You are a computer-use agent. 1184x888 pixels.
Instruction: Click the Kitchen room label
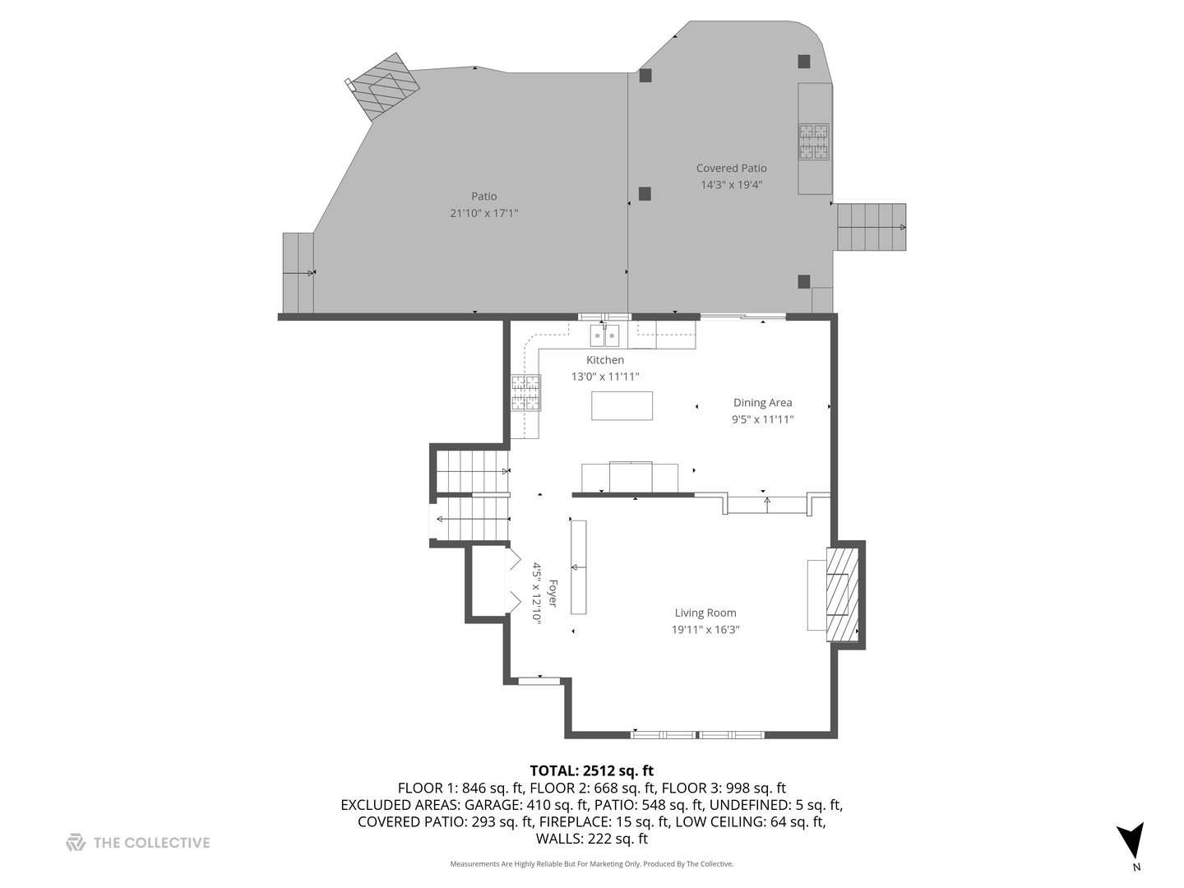pyautogui.click(x=604, y=360)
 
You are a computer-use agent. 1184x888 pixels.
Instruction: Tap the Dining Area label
pyautogui.click(x=762, y=403)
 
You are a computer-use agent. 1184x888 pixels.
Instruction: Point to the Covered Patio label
pyautogui.click(x=731, y=169)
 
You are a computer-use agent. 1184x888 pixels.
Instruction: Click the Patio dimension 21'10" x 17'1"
pyautogui.click(x=483, y=213)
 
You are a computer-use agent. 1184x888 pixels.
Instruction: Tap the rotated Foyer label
pyautogui.click(x=553, y=593)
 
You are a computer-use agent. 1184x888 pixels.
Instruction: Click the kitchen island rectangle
pyautogui.click(x=622, y=406)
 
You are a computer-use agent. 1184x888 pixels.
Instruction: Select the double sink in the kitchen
pyautogui.click(x=604, y=335)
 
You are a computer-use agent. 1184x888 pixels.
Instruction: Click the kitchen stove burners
pyautogui.click(x=526, y=392)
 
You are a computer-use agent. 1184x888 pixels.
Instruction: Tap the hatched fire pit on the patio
pyautogui.click(x=384, y=88)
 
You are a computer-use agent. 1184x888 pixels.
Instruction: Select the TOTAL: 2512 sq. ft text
pyautogui.click(x=591, y=770)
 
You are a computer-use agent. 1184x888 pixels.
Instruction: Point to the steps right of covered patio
pyautogui.click(x=871, y=227)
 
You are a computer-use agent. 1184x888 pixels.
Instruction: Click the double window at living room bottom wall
pyautogui.click(x=697, y=734)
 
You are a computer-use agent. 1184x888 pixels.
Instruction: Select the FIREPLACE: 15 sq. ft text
pyautogui.click(x=629, y=821)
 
